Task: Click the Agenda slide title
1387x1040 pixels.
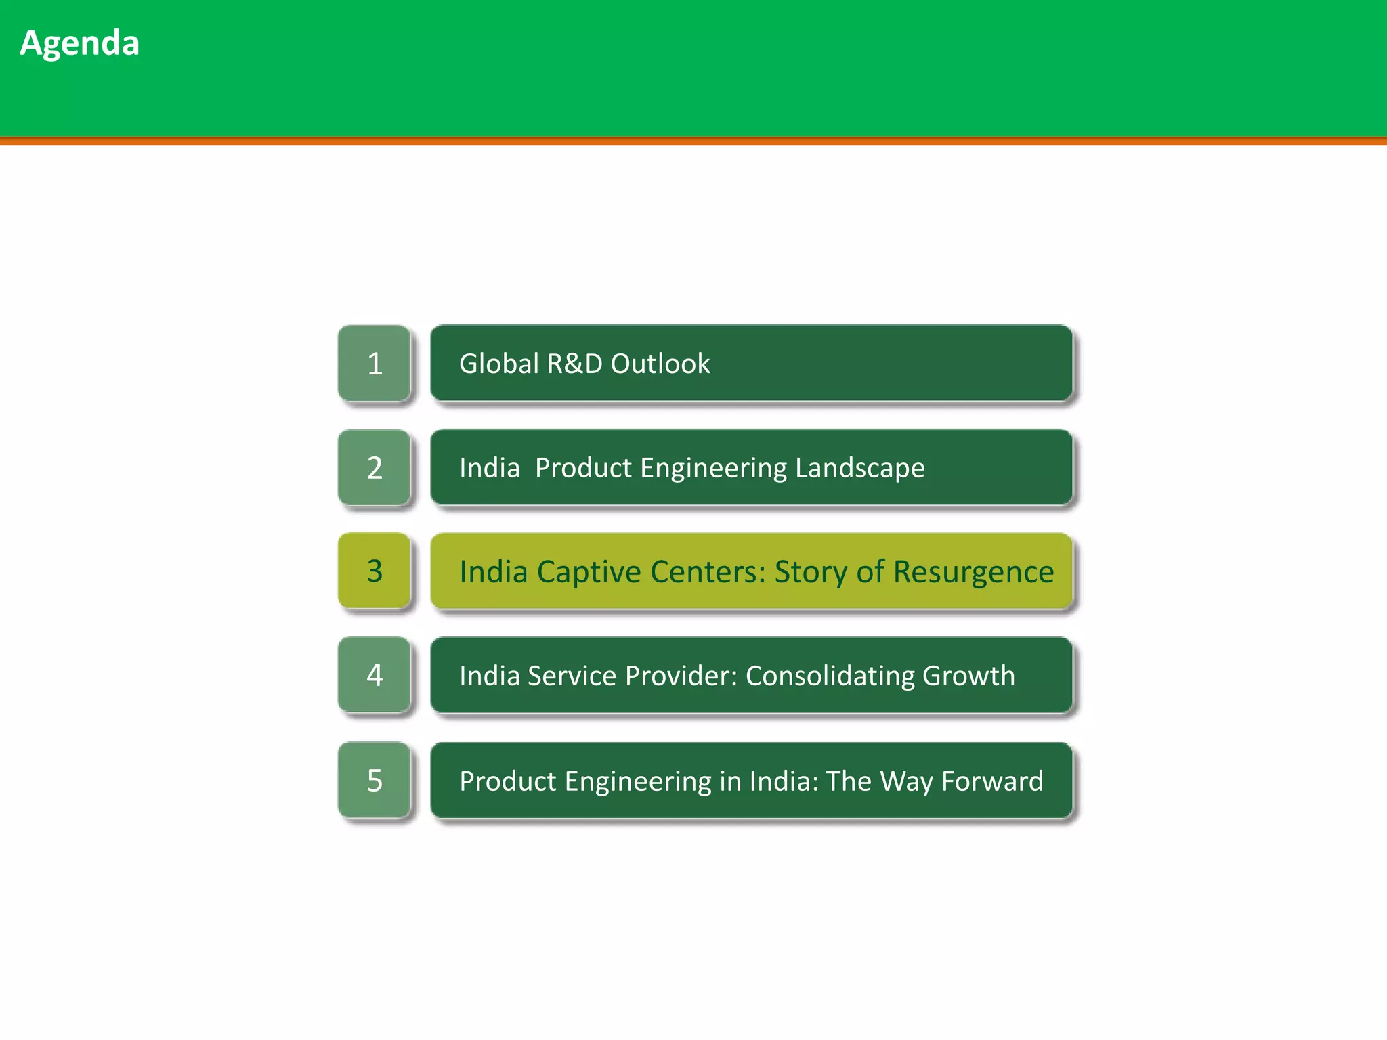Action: (79, 43)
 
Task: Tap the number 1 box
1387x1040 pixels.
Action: (375, 364)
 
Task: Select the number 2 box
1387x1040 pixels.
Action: (375, 468)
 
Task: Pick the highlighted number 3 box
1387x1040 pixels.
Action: (375, 571)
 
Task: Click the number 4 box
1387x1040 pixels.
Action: (375, 675)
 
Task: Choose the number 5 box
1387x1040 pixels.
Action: (375, 781)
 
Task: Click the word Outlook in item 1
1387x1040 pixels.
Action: (660, 364)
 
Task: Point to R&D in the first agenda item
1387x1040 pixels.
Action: (574, 364)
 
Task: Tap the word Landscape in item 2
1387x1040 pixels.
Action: (859, 468)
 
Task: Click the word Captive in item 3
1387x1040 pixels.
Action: (589, 572)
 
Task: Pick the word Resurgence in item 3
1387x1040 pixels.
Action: (973, 572)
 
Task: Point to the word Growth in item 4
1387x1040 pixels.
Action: (968, 676)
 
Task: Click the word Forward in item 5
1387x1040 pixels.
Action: (992, 781)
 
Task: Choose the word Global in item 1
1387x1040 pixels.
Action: (498, 364)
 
